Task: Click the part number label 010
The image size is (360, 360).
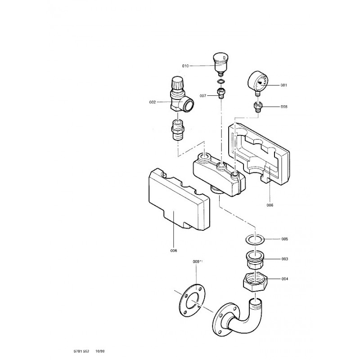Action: click(x=185, y=66)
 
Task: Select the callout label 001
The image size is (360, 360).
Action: click(x=283, y=85)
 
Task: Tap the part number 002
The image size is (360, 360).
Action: click(x=152, y=102)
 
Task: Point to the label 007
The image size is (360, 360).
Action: click(x=203, y=95)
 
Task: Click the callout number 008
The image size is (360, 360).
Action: click(x=283, y=107)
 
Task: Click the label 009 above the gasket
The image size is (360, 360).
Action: click(x=196, y=261)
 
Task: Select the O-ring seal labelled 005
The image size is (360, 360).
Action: click(x=255, y=239)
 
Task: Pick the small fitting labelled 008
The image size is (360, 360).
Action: click(x=258, y=107)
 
